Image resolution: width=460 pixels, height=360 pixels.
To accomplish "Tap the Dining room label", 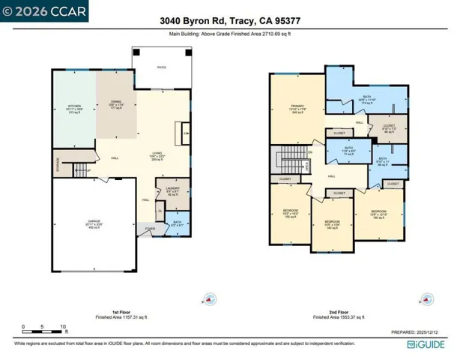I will pyautogui.click(x=116, y=104).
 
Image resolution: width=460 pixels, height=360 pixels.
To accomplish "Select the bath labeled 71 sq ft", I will pyautogui.click(x=349, y=151).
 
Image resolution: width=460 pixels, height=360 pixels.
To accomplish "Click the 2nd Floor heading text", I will pyautogui.click(x=339, y=311).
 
